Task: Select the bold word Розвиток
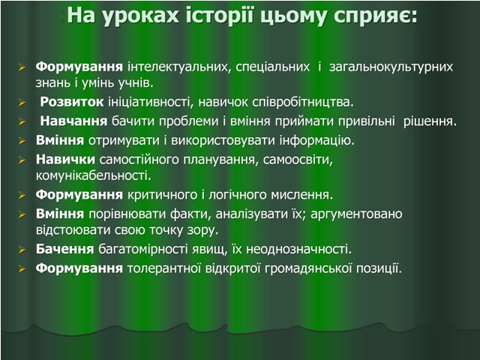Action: coord(72,102)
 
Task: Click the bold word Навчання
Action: coord(73,121)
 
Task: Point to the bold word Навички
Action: coord(65,160)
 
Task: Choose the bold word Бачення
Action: coord(65,249)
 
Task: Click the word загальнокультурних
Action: coord(391,67)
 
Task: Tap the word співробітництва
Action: coord(303,103)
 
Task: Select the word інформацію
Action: coord(317,141)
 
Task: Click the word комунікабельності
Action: coord(94,175)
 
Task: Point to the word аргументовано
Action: coord(357,214)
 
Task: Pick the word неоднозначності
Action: coord(299,250)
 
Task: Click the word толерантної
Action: coord(164,268)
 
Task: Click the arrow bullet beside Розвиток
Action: coord(22,103)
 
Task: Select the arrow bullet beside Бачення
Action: coord(22,250)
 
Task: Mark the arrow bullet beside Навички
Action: coord(22,160)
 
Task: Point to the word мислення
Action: coord(301,195)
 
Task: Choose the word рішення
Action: coord(430,121)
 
